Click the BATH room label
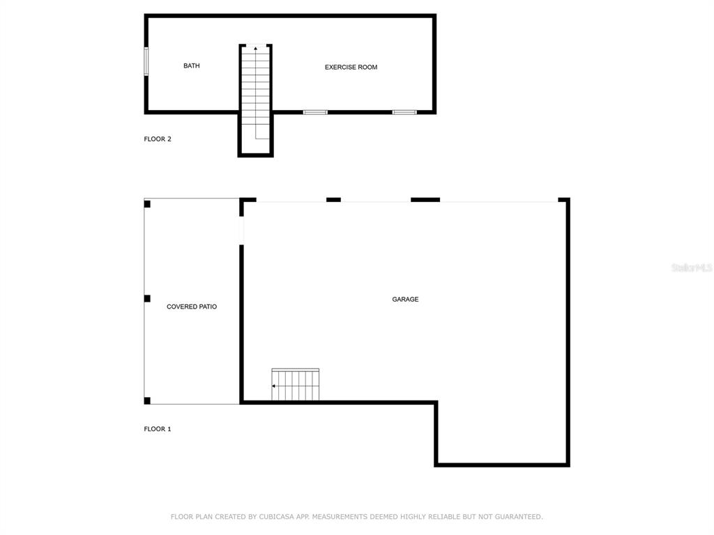191,66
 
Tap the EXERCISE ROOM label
351,68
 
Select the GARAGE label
405,300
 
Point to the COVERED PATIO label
192,307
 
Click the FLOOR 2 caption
158,139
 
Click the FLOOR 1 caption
158,429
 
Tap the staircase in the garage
295,385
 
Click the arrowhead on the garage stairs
273,386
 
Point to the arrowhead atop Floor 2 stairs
255,48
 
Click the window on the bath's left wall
146,61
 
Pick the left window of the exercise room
315,112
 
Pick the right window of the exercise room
404,112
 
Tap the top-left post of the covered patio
147,204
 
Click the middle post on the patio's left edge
147,298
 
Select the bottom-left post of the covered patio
147,401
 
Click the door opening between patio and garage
241,231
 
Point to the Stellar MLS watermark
692,268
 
